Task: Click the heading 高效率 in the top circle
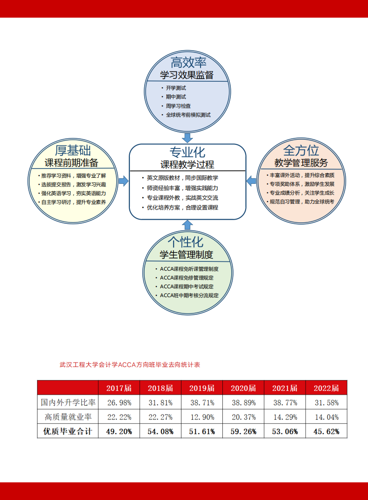click(x=188, y=63)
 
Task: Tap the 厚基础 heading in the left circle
click(x=73, y=150)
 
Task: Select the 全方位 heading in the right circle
click(x=301, y=150)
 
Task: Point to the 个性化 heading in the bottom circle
click(x=186, y=242)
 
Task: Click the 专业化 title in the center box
click(x=187, y=152)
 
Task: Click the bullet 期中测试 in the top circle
click(x=176, y=97)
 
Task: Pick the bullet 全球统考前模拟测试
click(x=188, y=115)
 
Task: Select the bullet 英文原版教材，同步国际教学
click(x=182, y=178)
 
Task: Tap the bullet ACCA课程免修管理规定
click(x=187, y=278)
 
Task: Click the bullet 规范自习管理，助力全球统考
click(x=302, y=201)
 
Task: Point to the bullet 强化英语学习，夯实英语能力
click(x=74, y=193)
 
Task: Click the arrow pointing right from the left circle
click(x=123, y=181)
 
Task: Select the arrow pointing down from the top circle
click(x=187, y=138)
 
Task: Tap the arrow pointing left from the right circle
click(x=251, y=181)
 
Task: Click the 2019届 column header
click(x=202, y=388)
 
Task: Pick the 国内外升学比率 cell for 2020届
click(x=244, y=403)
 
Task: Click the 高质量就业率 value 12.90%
click(x=202, y=417)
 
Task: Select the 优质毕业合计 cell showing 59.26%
click(x=243, y=431)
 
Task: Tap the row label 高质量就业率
click(x=68, y=417)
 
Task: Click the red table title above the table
click(x=130, y=365)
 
